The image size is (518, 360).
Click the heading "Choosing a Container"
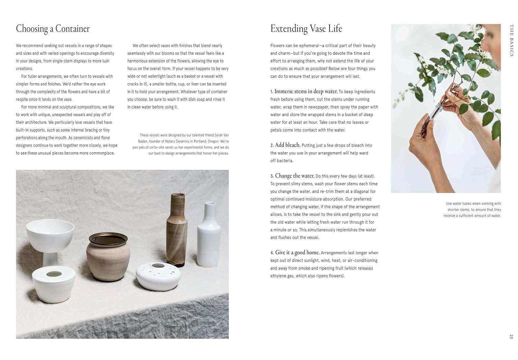point(53,29)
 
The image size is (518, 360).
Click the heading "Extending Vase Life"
point(306,29)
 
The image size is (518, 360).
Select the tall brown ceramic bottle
point(177,231)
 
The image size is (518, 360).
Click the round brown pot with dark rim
point(108,256)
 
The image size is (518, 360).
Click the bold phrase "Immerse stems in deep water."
point(306,92)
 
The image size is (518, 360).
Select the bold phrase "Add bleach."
point(288,145)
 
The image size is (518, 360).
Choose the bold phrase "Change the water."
point(295,176)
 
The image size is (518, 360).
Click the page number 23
point(511,336)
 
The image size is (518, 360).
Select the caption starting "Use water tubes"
point(472,210)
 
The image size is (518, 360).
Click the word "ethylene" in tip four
point(278,276)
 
